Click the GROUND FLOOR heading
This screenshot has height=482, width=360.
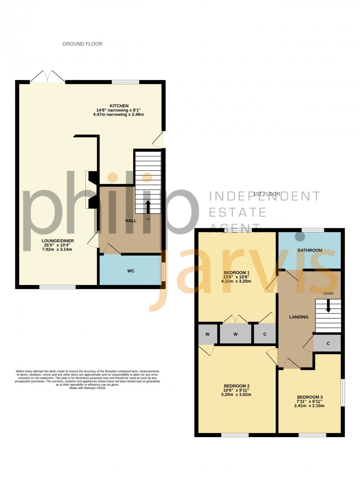click(x=82, y=44)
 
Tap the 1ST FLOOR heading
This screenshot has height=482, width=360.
click(x=266, y=194)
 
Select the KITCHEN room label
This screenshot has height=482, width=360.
click(x=118, y=106)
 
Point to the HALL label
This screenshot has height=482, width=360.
click(x=130, y=221)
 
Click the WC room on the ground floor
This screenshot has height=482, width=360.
click(x=130, y=271)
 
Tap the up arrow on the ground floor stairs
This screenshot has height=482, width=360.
click(x=148, y=206)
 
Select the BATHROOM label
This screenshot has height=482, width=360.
click(x=310, y=250)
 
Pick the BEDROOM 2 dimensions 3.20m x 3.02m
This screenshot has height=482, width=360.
click(x=236, y=395)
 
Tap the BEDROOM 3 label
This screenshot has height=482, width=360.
click(x=310, y=397)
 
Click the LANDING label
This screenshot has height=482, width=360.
click(x=299, y=317)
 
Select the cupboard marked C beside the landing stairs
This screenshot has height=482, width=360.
click(x=328, y=343)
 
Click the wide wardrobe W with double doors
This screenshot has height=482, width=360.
click(x=235, y=334)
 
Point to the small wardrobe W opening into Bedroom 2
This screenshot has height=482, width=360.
click(x=207, y=334)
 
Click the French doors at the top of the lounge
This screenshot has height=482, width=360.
click(x=47, y=76)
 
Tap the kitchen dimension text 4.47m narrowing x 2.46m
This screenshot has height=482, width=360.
click(x=118, y=115)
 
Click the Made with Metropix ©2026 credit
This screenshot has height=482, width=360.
click(x=87, y=388)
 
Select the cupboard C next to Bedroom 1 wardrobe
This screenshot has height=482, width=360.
click(x=265, y=334)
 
